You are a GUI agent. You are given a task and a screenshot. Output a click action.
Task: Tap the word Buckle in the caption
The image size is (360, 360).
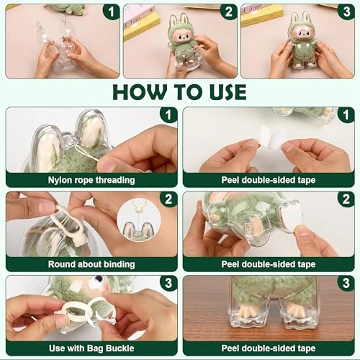pos(120,348)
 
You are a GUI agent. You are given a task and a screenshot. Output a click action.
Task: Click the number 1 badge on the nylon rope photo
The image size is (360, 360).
pos(168,114)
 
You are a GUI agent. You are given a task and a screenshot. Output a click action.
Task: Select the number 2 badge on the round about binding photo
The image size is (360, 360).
pos(168,199)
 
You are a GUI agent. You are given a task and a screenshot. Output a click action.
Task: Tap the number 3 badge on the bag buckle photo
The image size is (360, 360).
pos(168,283)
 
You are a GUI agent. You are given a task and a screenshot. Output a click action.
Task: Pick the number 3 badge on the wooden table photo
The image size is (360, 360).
pos(346,283)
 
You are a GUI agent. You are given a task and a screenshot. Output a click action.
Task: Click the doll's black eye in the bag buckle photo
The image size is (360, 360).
pos(99,279)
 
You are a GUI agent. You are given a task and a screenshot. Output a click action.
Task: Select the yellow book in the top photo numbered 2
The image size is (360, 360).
pos(142,23)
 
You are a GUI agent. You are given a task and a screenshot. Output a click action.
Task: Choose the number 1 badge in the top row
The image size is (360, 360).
pos(111,12)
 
